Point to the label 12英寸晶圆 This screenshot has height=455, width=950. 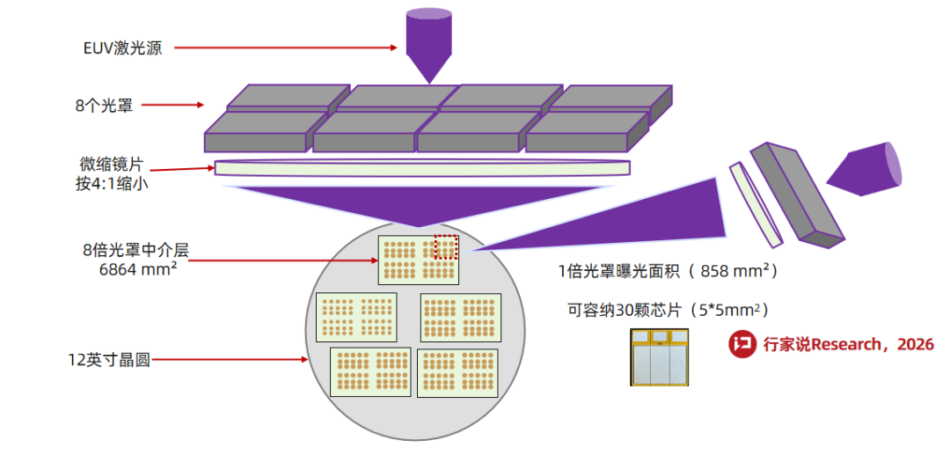(x=109, y=360)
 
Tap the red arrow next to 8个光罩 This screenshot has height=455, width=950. (x=174, y=106)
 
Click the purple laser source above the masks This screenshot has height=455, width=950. (x=428, y=44)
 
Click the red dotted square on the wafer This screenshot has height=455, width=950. (x=446, y=247)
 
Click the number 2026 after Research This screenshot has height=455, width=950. (x=915, y=345)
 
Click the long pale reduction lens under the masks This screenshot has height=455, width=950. (x=422, y=167)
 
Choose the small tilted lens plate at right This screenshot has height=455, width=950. (x=756, y=203)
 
